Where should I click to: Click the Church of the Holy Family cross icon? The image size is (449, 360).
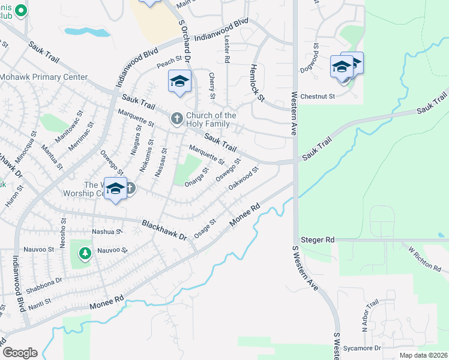[x=176, y=119]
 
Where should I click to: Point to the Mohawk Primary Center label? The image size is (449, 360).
[x=44, y=77]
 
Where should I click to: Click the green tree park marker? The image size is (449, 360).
[x=85, y=254]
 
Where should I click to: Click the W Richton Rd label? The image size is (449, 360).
[x=424, y=258]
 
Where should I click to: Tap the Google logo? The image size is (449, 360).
[x=20, y=353]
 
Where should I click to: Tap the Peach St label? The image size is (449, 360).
[x=169, y=62]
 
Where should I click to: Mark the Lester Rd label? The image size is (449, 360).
[x=227, y=49]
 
